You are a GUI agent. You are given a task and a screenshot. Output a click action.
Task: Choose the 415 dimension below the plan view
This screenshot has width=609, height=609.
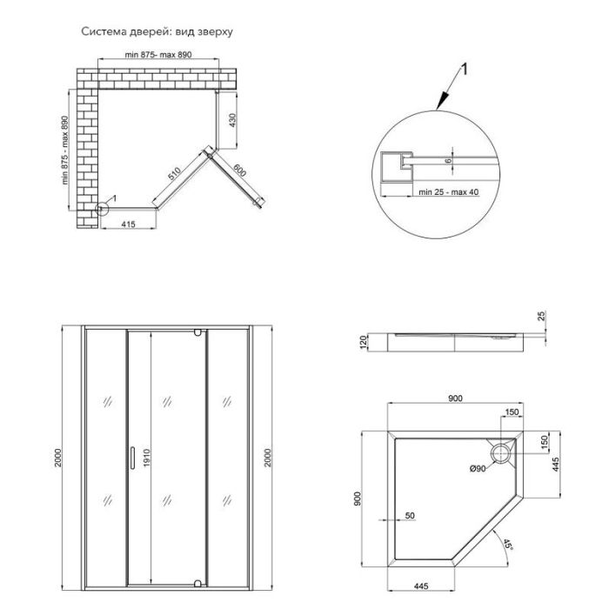pos(128,226)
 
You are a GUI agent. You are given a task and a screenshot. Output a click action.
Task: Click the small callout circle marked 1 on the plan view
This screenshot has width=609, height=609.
pos(102,208)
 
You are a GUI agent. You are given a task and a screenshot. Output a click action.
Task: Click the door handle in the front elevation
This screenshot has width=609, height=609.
pos(130,454)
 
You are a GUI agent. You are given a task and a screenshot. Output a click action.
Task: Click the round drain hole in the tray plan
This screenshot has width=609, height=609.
pos(502,452)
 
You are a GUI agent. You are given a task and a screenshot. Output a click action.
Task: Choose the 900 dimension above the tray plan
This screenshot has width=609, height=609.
pos(455,398)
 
